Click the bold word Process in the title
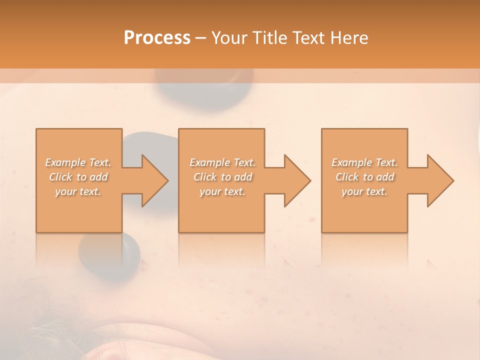[x=157, y=37]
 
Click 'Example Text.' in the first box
[x=78, y=162]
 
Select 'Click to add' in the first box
[x=78, y=177]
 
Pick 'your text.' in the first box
[x=78, y=191]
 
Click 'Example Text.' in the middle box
[x=222, y=162]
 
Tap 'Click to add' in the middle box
[x=222, y=177]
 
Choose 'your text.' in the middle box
[x=222, y=191]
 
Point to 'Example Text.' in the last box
[x=364, y=162]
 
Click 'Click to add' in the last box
[x=364, y=177]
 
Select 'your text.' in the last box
[x=364, y=191]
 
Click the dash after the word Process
[x=200, y=38]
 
